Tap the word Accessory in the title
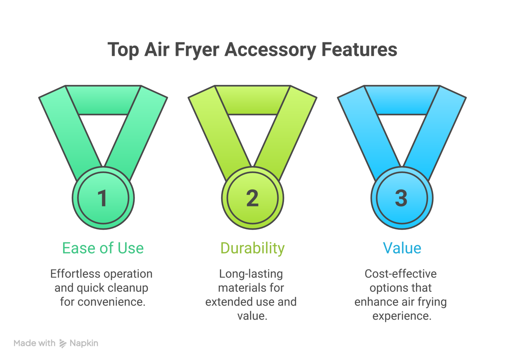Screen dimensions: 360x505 click(x=270, y=49)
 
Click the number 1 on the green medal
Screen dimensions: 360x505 click(x=102, y=198)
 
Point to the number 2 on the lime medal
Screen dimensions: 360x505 click(x=252, y=198)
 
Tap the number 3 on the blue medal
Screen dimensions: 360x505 click(x=401, y=198)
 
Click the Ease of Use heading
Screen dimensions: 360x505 click(x=103, y=248)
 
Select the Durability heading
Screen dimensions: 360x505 click(x=252, y=248)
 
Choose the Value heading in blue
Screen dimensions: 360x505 click(x=402, y=248)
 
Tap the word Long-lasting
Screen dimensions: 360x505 click(x=251, y=274)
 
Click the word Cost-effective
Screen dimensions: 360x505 click(x=401, y=274)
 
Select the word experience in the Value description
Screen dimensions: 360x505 click(x=402, y=316)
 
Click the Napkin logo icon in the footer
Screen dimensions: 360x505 click(x=63, y=344)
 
